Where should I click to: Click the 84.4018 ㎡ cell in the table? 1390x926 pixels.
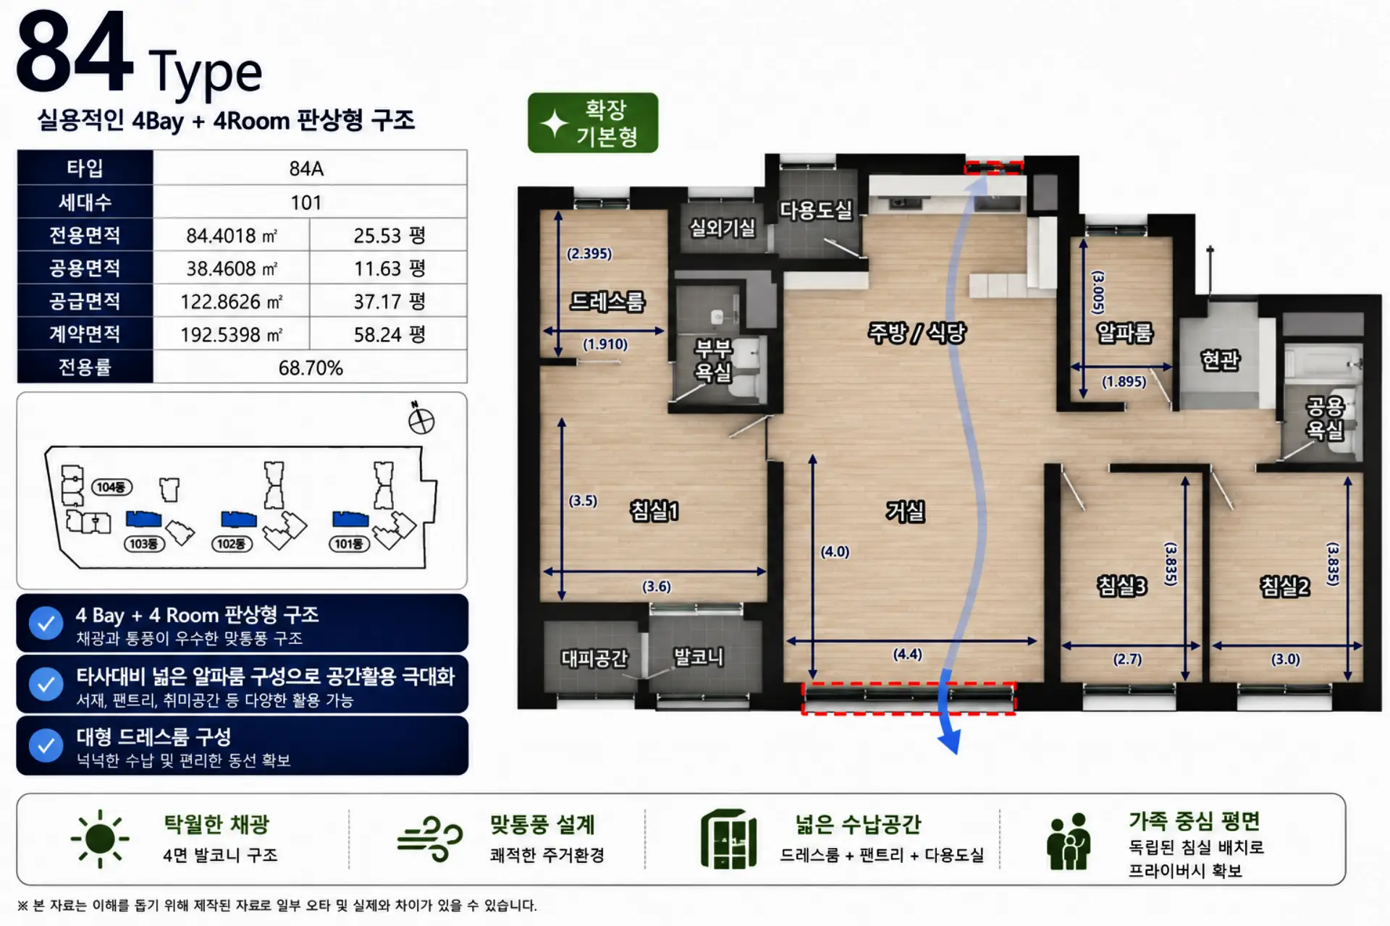pos(232,235)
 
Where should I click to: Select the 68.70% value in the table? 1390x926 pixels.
pos(310,368)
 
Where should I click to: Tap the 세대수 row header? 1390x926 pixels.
pos(85,202)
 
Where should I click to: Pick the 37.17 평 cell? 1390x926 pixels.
pos(389,301)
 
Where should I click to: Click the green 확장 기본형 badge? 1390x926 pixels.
pos(593,122)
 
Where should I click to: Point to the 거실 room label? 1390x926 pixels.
pos(905,511)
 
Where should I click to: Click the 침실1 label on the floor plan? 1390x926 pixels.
pos(654,511)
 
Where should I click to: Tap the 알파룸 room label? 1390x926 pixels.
pos(1124,332)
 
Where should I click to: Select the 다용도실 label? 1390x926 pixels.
pos(815,210)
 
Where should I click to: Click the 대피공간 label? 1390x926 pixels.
pos(594,658)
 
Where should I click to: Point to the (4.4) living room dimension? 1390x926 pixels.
pos(907,654)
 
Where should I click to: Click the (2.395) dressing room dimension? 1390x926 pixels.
pos(589,253)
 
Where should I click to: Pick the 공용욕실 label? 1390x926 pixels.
pos(1325,417)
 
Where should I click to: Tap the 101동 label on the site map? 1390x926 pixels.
pos(348,543)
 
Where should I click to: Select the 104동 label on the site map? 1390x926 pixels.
pos(111,487)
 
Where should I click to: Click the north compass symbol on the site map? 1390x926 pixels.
pos(421,419)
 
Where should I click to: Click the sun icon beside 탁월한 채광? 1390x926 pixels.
pos(100,839)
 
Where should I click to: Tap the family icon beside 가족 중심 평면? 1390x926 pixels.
pos(1069,841)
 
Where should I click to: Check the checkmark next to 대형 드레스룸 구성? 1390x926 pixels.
pos(46,745)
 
